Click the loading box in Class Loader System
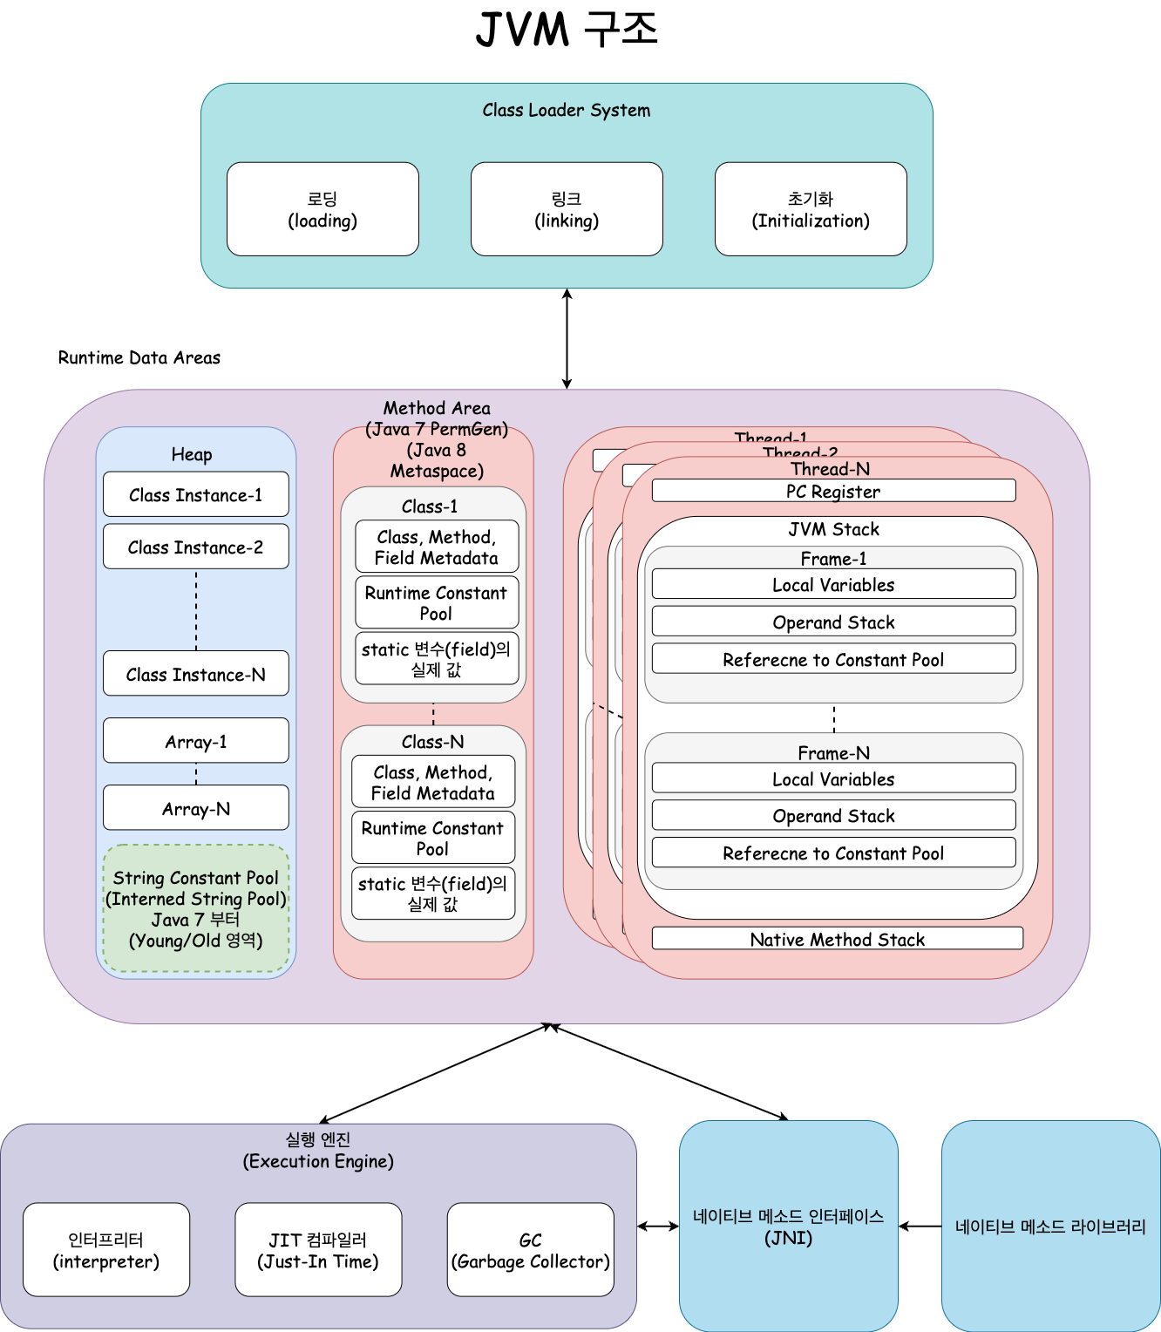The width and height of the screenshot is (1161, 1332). point(322,209)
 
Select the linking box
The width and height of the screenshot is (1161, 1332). point(567,209)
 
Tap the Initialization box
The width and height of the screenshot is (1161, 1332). point(811,209)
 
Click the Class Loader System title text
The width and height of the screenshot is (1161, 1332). point(567,110)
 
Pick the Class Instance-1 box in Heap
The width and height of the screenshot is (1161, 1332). point(195,495)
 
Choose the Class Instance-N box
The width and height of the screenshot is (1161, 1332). point(195,674)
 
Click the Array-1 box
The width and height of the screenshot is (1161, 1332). point(195,741)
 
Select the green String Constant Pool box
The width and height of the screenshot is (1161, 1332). point(195,908)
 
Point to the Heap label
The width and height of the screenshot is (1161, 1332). point(192,454)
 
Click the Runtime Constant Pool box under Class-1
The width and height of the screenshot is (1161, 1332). point(436,602)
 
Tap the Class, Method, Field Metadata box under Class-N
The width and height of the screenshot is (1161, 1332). point(432,782)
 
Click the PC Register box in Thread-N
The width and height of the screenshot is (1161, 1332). point(833,491)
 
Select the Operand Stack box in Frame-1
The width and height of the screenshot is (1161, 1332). point(833,622)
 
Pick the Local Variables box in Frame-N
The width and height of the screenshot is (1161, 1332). point(833,778)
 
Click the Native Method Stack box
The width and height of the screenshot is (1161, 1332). point(837,939)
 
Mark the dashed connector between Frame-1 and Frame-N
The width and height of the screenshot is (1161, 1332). point(834,718)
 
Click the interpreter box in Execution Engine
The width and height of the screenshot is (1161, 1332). point(106,1250)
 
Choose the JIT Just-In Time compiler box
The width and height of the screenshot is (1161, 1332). point(318,1250)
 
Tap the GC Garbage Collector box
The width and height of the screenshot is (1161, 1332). point(530,1250)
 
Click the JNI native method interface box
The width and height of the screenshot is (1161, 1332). point(788,1226)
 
